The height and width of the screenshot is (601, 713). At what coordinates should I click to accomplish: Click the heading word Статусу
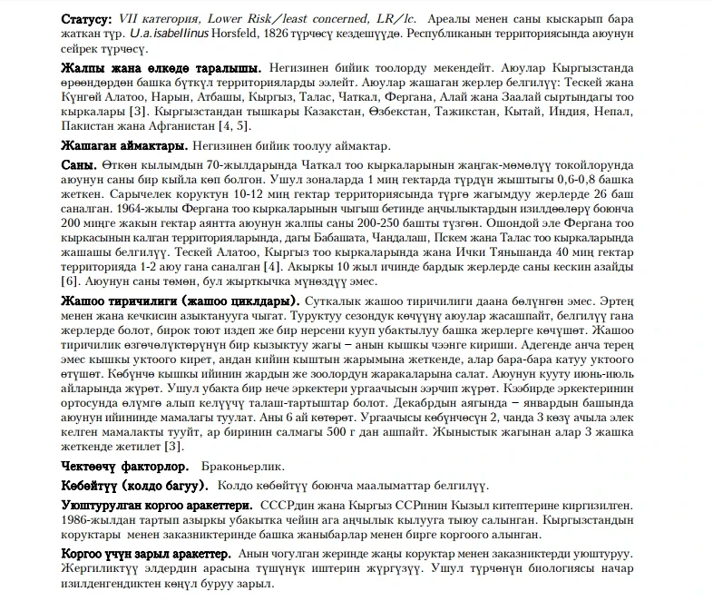point(87,18)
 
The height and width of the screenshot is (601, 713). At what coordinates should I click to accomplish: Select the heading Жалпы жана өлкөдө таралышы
point(161,69)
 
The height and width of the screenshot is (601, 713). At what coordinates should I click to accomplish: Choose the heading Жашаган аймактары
point(123,145)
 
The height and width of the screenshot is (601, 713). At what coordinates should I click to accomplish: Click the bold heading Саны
point(79,166)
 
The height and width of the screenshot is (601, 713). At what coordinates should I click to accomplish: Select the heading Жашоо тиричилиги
point(118,300)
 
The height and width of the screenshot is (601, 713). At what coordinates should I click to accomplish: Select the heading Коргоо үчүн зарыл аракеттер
point(145,553)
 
